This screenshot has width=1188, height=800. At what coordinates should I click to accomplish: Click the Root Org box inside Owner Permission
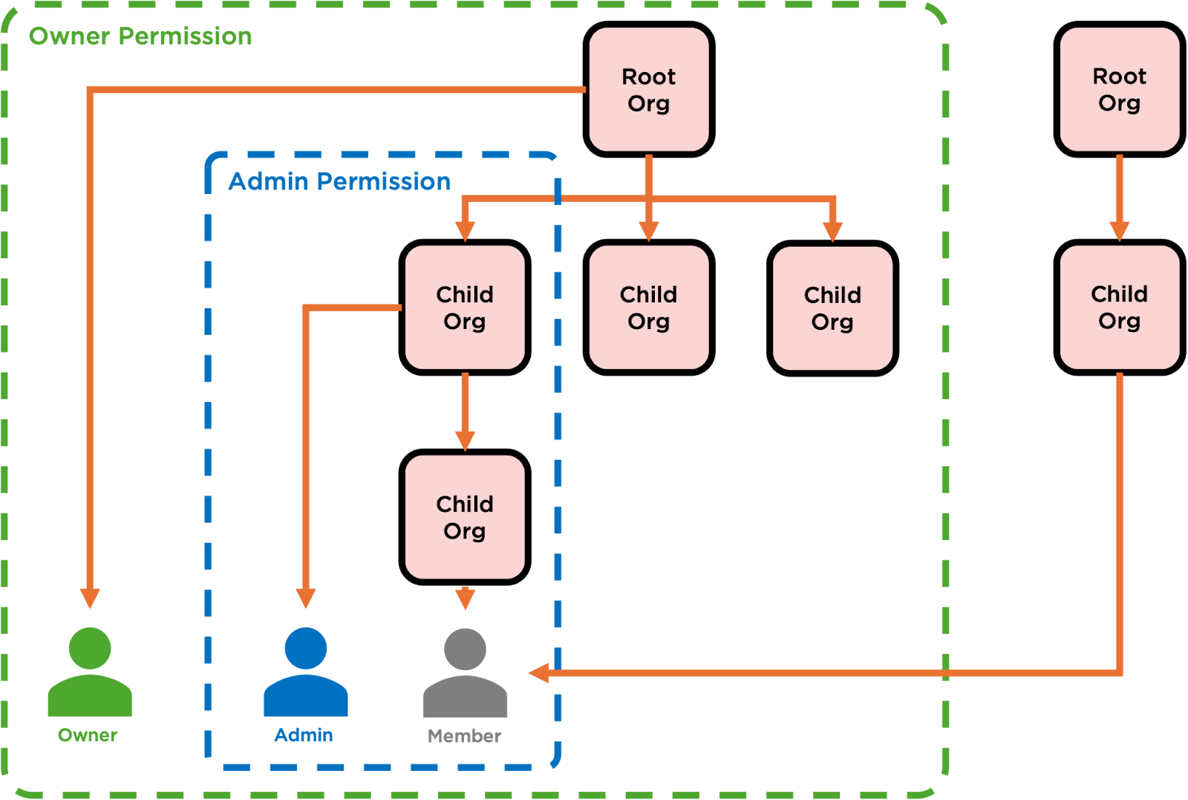[x=648, y=90]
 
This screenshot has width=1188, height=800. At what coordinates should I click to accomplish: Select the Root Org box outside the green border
[x=1119, y=90]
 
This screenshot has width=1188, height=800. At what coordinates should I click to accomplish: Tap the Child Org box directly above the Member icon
[x=465, y=517]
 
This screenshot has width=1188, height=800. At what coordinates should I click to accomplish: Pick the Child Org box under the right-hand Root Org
[x=1119, y=307]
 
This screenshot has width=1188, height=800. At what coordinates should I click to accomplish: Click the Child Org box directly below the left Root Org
[x=648, y=307]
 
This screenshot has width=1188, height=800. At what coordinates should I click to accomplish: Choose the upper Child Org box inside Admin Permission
[x=465, y=307]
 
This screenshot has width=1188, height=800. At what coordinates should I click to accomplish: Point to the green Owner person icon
[x=90, y=672]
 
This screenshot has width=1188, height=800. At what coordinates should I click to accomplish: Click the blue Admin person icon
[x=305, y=672]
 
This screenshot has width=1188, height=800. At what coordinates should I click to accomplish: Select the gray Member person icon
[x=465, y=672]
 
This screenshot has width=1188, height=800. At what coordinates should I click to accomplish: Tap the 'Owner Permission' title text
[x=140, y=36]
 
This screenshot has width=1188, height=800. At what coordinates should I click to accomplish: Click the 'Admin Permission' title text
[x=339, y=181]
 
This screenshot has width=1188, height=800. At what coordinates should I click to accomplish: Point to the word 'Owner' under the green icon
[x=88, y=735]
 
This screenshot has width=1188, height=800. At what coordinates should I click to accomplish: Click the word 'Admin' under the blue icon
[x=304, y=735]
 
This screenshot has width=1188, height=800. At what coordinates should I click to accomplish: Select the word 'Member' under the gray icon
[x=465, y=736]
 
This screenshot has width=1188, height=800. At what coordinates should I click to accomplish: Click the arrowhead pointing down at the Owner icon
[x=90, y=598]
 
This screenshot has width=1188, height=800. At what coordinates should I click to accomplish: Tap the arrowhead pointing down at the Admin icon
[x=305, y=598]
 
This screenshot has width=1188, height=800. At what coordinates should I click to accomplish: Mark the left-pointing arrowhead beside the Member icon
[x=538, y=673]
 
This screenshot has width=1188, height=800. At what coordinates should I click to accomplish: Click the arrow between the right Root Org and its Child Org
[x=1119, y=198]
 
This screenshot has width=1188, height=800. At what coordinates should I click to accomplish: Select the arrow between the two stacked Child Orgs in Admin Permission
[x=465, y=412]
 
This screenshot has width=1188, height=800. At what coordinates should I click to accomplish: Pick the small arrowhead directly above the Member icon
[x=465, y=597]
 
